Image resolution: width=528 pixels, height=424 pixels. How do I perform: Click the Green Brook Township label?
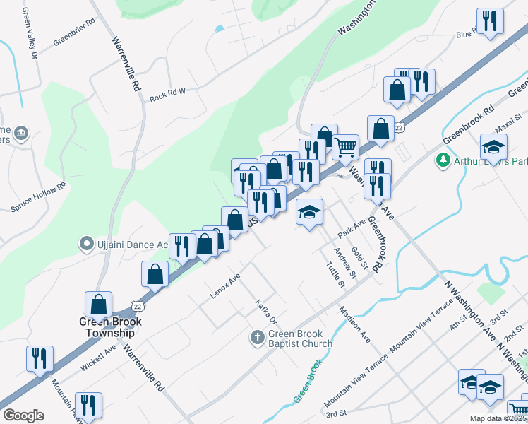coord(110,327)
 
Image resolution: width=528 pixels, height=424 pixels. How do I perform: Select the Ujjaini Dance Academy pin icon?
coord(87,245)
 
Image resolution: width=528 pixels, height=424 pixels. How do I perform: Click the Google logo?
coord(23,416)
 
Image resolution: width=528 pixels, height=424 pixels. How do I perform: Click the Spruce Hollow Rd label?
coord(38,198)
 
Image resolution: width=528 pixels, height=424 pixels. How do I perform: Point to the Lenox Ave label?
coord(225,285)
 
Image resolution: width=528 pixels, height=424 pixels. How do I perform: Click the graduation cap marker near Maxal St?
coord(494,147)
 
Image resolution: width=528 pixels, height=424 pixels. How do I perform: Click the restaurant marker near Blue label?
coord(489,20)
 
